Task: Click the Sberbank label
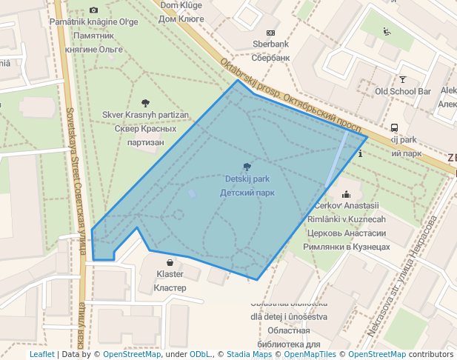click(270, 44)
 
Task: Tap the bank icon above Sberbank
click(270, 33)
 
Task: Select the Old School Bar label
click(403, 91)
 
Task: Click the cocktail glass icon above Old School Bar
click(403, 79)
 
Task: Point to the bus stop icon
click(394, 127)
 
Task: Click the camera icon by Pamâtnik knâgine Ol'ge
click(93, 10)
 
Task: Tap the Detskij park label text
click(247, 179)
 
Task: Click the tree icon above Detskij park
click(247, 167)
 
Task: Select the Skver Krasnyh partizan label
click(146, 116)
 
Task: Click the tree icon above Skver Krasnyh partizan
click(145, 103)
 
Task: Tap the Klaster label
click(170, 274)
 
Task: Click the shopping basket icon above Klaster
click(170, 262)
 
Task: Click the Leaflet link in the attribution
click(41, 354)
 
